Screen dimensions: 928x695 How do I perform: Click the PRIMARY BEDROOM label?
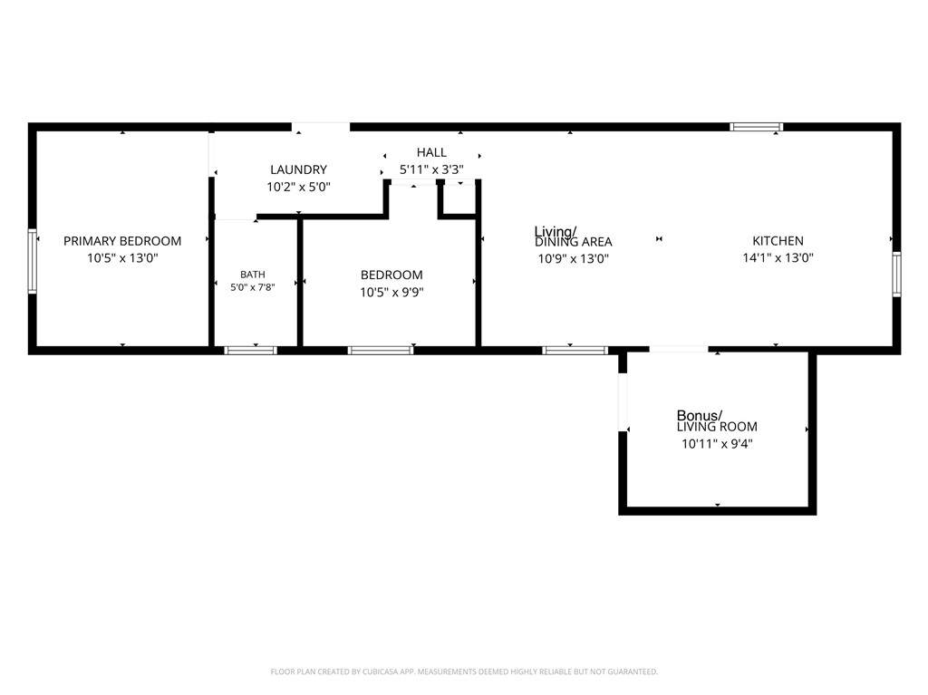(122, 241)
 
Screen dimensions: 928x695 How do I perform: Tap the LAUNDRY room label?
(298, 170)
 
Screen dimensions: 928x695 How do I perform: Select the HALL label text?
(431, 152)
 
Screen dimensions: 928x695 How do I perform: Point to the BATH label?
(253, 274)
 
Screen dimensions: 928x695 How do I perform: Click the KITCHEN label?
(778, 241)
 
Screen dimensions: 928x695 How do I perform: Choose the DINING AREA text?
(574, 242)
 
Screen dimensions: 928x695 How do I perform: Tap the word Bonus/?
(700, 416)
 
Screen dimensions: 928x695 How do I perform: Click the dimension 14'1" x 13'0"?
(778, 258)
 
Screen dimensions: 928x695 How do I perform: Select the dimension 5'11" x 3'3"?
(431, 170)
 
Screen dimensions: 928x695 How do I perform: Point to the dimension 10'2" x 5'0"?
(298, 187)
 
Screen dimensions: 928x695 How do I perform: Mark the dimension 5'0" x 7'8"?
(253, 288)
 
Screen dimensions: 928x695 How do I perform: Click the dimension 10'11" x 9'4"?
(717, 444)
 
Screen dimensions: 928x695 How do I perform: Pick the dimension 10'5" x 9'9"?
(391, 293)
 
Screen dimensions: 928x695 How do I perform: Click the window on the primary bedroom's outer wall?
(33, 261)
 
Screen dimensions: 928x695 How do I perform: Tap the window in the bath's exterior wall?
(250, 351)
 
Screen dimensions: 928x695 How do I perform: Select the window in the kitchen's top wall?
(757, 127)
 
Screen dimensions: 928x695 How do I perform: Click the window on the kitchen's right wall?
(896, 274)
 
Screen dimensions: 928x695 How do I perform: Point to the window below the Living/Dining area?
(575, 351)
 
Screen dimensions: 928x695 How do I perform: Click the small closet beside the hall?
(459, 199)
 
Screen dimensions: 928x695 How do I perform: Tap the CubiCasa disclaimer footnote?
(464, 672)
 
